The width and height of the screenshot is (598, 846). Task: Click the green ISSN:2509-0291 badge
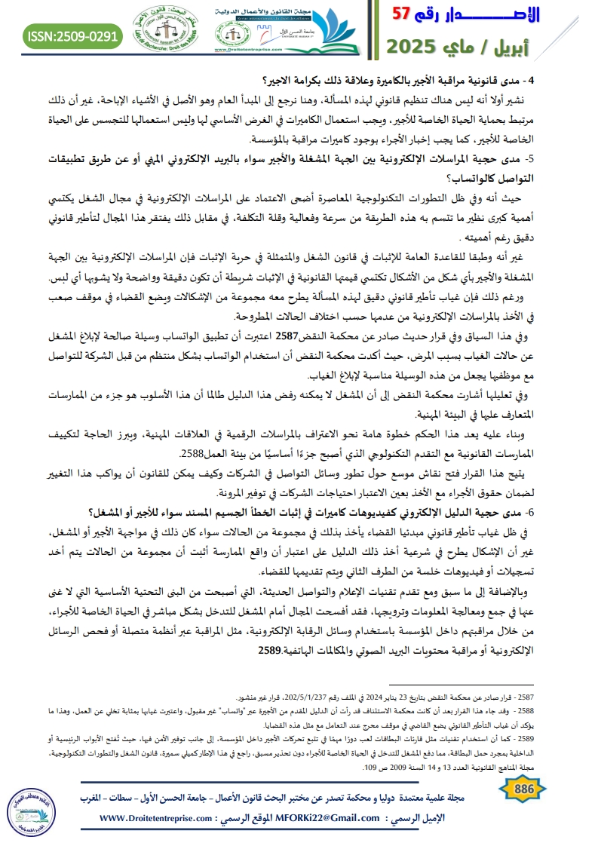(x=73, y=35)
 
